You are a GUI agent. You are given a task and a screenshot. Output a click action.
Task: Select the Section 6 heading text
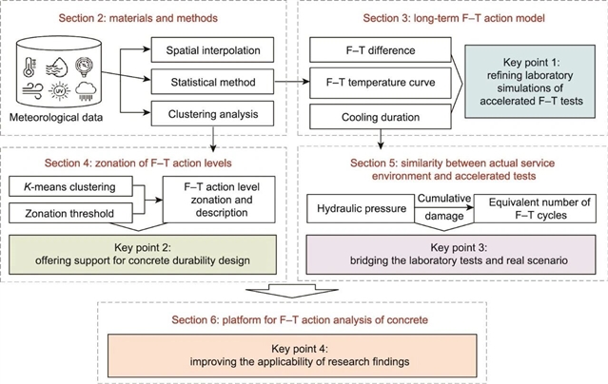(x=304, y=310)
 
